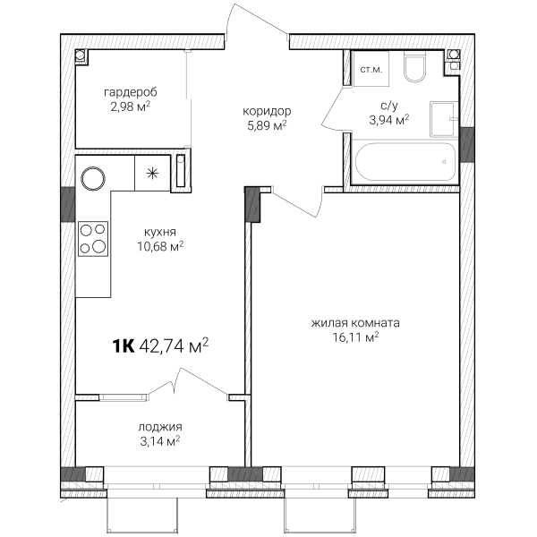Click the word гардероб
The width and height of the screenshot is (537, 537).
131,93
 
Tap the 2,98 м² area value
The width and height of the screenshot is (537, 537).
131,107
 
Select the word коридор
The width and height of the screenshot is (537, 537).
267,112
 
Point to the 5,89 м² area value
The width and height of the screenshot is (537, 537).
267,125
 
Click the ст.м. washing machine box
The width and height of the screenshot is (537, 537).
371,69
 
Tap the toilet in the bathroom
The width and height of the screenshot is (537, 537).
414,67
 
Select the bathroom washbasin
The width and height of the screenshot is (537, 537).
444,119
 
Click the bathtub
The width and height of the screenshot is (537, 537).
405,162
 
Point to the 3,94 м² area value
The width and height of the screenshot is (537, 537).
389,120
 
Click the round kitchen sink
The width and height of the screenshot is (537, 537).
93,178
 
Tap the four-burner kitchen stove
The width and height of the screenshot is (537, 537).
93,239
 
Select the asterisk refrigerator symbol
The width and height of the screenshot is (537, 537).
152,174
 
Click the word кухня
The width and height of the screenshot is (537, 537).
160,232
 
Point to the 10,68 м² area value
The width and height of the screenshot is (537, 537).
160,246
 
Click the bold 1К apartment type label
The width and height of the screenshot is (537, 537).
124,346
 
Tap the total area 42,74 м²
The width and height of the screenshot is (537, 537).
175,345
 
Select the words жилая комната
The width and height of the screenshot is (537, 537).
355,323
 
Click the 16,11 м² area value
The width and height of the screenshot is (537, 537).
355,337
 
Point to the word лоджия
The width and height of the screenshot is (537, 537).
160,428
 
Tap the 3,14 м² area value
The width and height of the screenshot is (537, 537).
160,441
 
